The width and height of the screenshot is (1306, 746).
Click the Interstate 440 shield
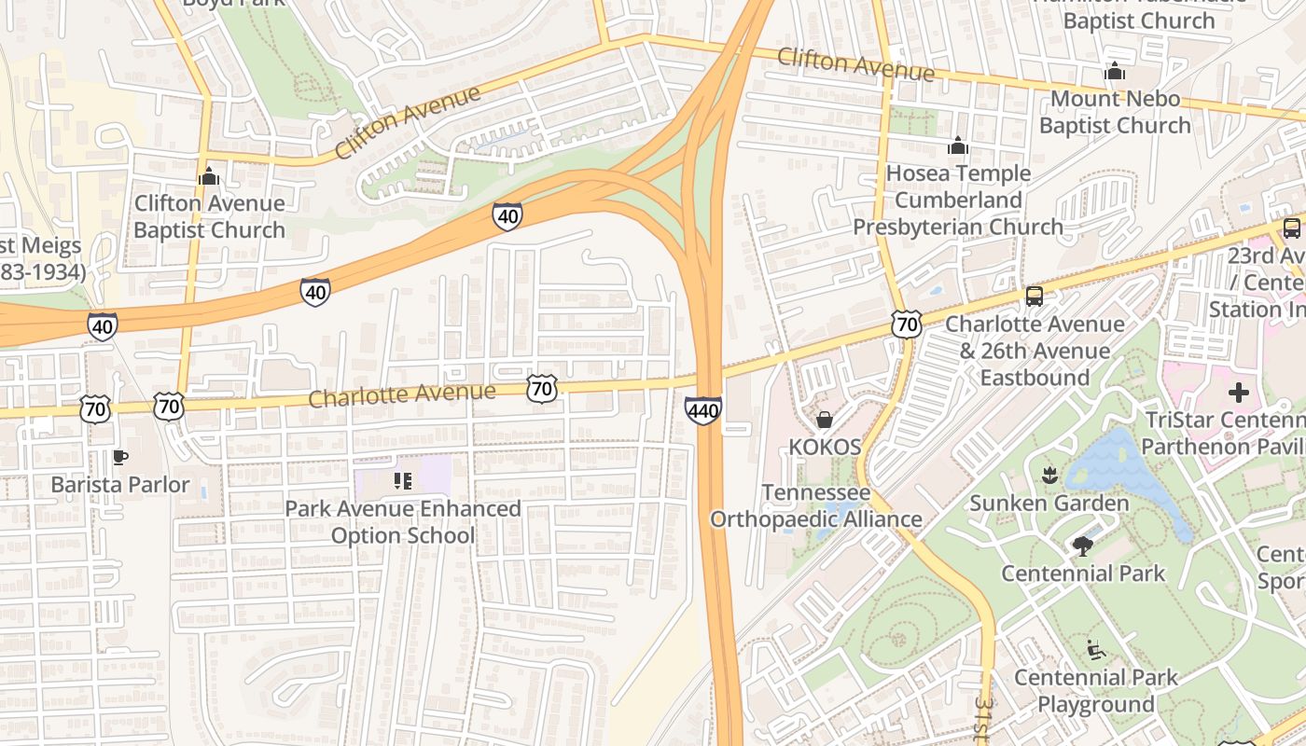[702, 410]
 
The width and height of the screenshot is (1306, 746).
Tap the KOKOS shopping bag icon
[825, 420]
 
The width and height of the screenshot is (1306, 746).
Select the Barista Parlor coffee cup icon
[119, 457]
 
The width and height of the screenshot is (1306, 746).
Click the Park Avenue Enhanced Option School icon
[403, 481]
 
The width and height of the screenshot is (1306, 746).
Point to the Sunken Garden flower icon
[1049, 476]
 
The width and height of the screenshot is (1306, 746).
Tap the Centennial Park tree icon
[1083, 546]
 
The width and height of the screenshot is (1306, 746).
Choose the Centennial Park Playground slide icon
[1096, 649]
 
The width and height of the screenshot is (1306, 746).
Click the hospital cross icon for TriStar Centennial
[1238, 393]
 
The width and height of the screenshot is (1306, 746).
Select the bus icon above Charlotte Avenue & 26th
[1034, 297]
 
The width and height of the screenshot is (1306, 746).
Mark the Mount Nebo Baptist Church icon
[1115, 71]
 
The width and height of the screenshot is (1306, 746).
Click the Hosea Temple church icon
[958, 145]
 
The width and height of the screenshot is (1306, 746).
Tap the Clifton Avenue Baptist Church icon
[209, 175]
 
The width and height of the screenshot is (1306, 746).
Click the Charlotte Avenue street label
[401, 394]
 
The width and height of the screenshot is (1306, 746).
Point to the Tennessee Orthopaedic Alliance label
[816, 505]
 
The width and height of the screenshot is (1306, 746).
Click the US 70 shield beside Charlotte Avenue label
[542, 388]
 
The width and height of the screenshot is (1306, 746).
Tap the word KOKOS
[825, 447]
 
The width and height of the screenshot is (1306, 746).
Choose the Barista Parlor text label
[120, 485]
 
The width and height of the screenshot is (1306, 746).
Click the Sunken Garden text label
[1049, 504]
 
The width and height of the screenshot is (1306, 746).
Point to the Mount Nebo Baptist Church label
[1115, 111]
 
